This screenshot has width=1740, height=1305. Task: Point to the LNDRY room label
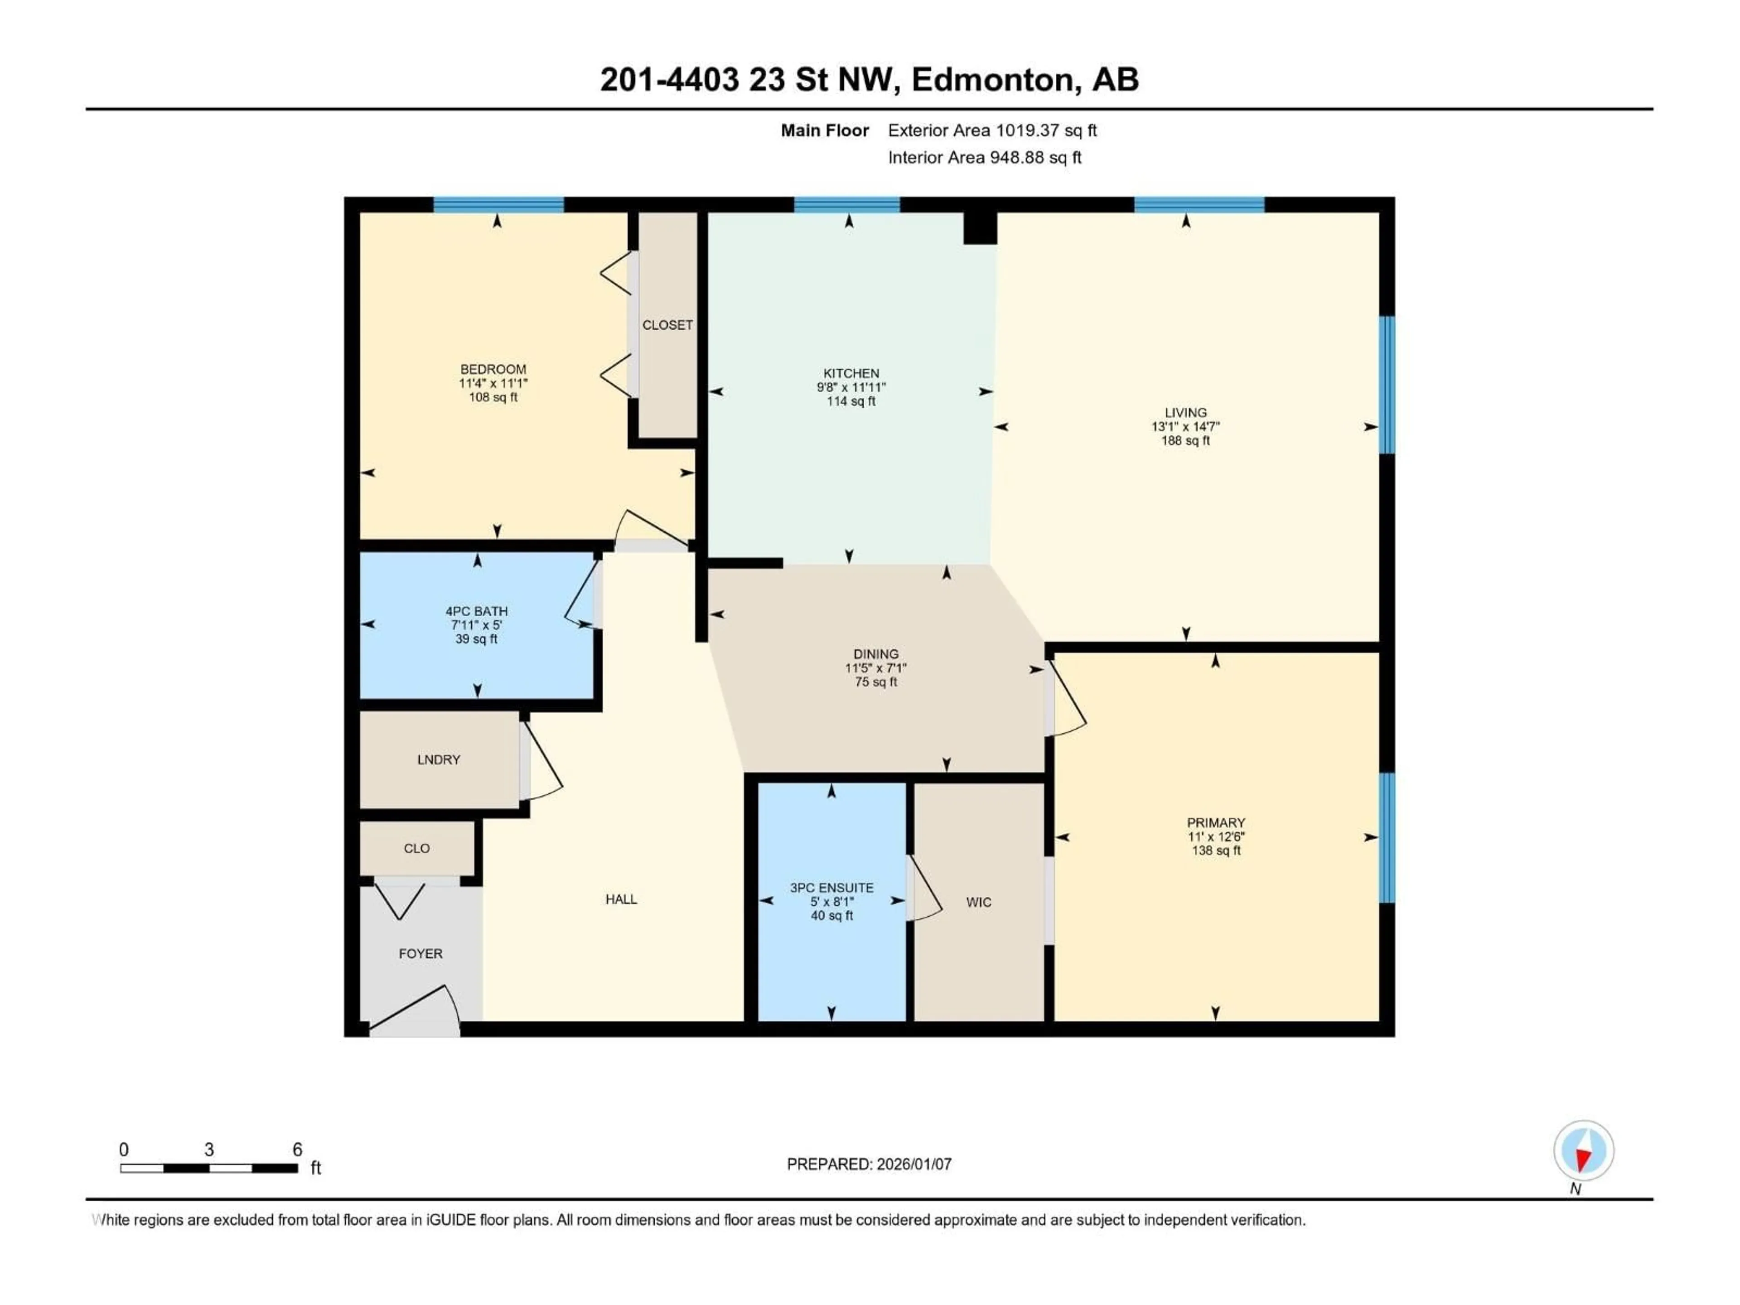pyautogui.click(x=438, y=759)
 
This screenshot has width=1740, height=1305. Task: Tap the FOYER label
pyautogui.click(x=420, y=953)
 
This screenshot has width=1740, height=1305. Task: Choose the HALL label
pyautogui.click(x=621, y=899)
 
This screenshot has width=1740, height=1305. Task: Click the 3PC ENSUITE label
pyautogui.click(x=831, y=887)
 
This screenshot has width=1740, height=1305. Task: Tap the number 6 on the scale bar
pyautogui.click(x=297, y=1149)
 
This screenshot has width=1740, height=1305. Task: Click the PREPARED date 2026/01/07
pyautogui.click(x=913, y=1164)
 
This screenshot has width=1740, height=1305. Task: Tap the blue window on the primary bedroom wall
pyautogui.click(x=1387, y=838)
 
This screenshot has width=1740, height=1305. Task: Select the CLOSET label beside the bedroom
pyautogui.click(x=667, y=325)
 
